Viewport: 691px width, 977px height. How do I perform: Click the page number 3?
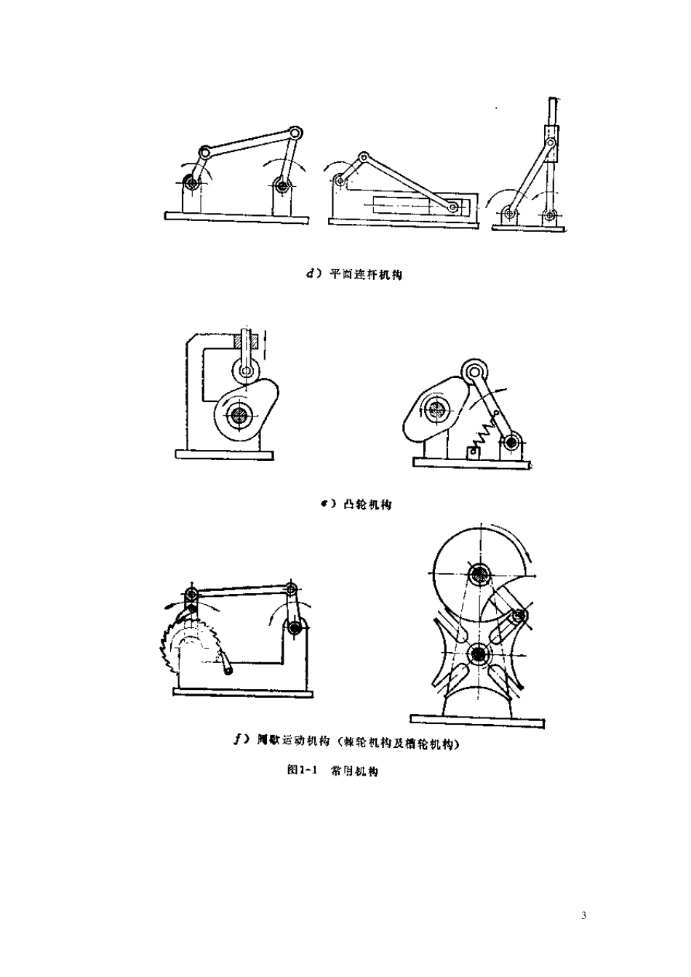click(x=585, y=915)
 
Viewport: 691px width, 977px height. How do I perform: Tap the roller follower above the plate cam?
click(x=247, y=371)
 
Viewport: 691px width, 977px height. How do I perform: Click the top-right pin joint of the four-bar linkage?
click(x=294, y=132)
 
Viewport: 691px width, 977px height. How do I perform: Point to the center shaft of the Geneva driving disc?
click(x=479, y=575)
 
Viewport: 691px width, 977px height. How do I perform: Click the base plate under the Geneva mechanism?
click(x=477, y=720)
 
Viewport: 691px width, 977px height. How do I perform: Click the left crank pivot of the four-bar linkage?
click(x=191, y=185)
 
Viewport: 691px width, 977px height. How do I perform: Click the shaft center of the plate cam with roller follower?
click(x=239, y=416)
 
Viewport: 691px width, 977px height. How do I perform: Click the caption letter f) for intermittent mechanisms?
click(x=237, y=741)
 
